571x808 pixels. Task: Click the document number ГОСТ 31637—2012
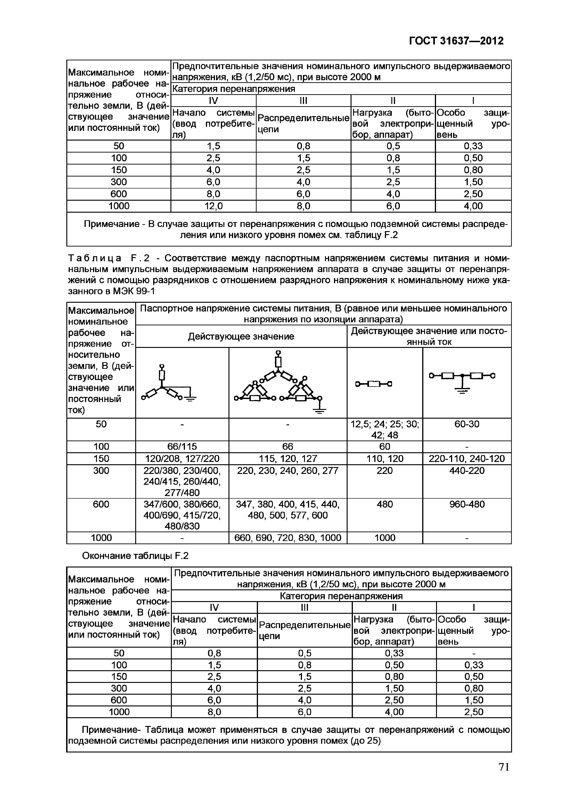pos(456,41)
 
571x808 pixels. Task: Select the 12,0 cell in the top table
pos(213,206)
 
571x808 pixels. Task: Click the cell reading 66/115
pos(182,447)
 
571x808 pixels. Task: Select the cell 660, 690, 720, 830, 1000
pos(287,538)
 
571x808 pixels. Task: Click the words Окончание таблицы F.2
pos(135,556)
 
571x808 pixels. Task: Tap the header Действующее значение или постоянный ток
pos(429,336)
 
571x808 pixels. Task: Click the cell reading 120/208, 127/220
pos(182,458)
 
